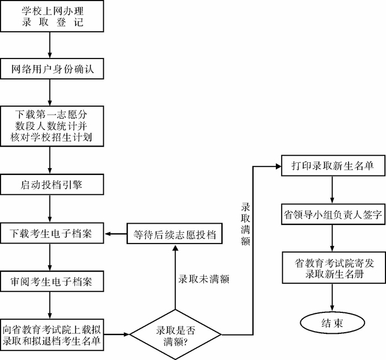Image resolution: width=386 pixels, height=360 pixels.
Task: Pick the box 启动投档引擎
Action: coord(51,185)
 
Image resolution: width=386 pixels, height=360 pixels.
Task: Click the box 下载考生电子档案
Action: coord(51,233)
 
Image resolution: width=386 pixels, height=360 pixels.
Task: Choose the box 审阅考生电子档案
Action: coord(51,281)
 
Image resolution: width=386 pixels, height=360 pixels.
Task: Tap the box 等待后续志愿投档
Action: coord(175,233)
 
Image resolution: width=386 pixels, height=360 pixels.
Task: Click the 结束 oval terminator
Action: coord(332,323)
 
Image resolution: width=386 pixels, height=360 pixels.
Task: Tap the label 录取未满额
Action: coord(204,279)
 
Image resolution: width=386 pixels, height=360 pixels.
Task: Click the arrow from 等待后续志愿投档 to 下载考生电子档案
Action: coord(118,233)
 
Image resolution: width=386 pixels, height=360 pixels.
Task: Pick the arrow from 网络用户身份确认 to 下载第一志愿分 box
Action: coord(51,91)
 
